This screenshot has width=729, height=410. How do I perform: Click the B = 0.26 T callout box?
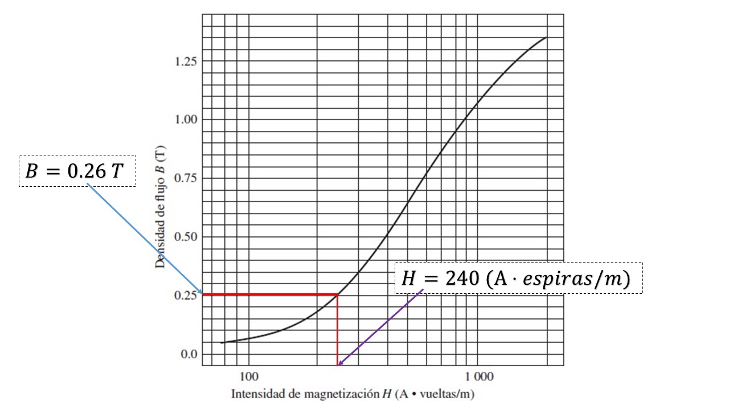point(77,171)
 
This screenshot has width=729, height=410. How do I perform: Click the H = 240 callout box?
point(518,278)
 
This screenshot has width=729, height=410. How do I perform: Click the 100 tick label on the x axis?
point(249,376)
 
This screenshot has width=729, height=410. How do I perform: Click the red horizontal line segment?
point(268,294)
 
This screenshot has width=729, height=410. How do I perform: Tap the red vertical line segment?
point(338,330)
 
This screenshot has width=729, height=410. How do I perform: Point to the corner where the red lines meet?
point(338,294)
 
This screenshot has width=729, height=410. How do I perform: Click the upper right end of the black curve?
point(546,38)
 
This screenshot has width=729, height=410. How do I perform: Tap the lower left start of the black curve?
point(222,343)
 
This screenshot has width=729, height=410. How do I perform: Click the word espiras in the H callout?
point(561,278)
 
